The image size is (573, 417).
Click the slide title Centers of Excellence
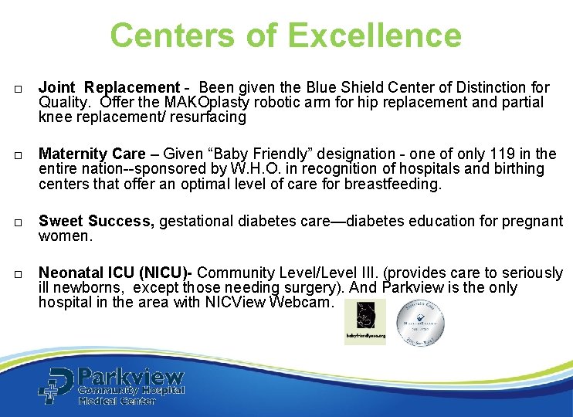point(286,36)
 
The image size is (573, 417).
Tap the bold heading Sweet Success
point(96,221)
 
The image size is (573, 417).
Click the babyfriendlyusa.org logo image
point(364,322)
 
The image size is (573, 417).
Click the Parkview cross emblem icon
point(56,385)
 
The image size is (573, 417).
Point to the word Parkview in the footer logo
point(131,378)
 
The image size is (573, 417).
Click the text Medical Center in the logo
point(117,401)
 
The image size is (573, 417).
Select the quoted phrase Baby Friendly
point(248,154)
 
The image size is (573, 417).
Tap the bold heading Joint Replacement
point(109,87)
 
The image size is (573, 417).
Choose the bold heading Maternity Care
point(92,154)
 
